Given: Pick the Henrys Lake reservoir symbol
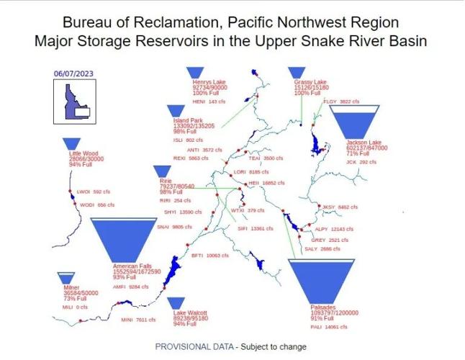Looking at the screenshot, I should click(194, 73).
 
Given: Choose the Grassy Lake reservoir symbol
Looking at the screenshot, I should click(297, 73).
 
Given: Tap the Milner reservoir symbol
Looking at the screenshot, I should click(66, 277).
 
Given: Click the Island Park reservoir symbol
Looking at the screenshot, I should click(176, 110).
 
